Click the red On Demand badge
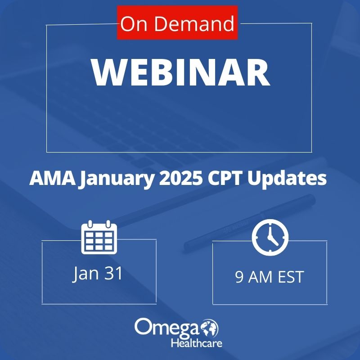click(177, 22)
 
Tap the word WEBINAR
click(181, 72)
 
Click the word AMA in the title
click(52, 178)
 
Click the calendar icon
click(99, 237)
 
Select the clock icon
click(270, 238)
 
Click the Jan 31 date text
click(98, 274)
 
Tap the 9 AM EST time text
click(270, 277)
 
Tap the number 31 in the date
click(113, 273)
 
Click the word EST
click(291, 277)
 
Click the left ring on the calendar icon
click(90, 224)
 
